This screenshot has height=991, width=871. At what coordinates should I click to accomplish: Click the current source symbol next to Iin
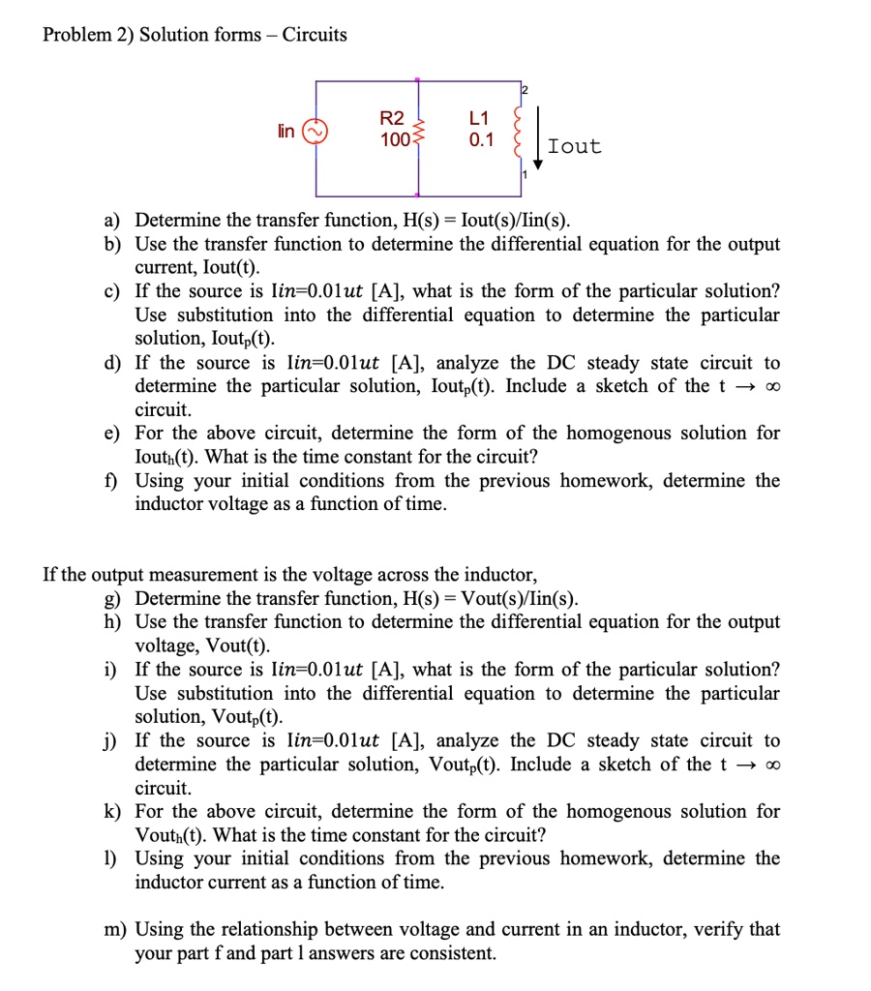pyautogui.click(x=316, y=131)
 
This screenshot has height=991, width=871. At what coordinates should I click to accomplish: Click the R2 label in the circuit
pyautogui.click(x=392, y=119)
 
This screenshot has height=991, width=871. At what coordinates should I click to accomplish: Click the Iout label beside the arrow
pyautogui.click(x=574, y=147)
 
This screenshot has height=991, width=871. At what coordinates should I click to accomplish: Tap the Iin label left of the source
pyautogui.click(x=287, y=131)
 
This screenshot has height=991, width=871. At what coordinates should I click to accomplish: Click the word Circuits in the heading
pyautogui.click(x=315, y=35)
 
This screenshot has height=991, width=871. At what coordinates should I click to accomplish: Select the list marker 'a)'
pyautogui.click(x=113, y=221)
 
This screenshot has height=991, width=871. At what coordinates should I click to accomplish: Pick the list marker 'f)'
pyautogui.click(x=113, y=481)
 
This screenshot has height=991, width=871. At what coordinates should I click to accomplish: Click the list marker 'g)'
pyautogui.click(x=113, y=598)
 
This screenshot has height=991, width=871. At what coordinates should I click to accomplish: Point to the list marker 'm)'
pyautogui.click(x=115, y=930)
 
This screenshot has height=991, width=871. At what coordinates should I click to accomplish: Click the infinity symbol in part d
pyautogui.click(x=769, y=387)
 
